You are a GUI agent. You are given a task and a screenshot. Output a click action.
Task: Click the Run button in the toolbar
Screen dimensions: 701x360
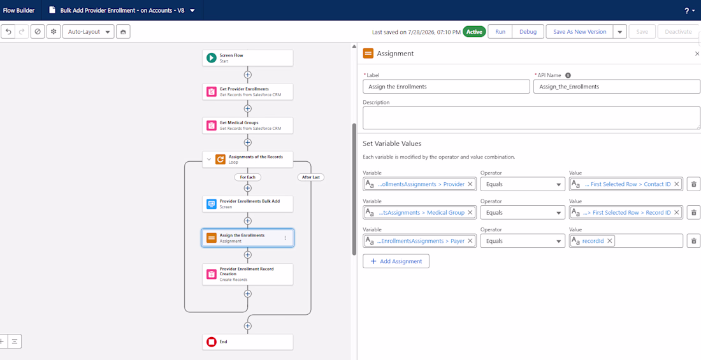pos(500,32)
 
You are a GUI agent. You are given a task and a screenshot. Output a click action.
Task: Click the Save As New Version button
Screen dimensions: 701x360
pos(579,32)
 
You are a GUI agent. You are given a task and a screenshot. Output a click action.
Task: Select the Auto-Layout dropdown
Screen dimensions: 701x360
pos(89,32)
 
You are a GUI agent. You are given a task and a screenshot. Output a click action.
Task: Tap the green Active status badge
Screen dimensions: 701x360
pos(474,32)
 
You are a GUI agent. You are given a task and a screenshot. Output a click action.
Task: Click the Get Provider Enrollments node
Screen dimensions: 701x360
pos(247,92)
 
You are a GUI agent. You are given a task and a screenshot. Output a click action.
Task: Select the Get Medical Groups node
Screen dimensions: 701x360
pos(247,126)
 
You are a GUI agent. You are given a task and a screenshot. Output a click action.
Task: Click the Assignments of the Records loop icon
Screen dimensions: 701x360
pos(220,159)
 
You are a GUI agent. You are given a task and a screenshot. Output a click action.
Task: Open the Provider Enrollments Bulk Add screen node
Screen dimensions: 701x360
pos(247,204)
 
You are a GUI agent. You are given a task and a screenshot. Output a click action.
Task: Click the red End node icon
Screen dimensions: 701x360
pos(212,342)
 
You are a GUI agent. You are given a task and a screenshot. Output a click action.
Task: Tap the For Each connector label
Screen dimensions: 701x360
pos(247,177)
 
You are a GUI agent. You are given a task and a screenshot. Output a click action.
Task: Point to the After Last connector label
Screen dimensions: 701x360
pos(311,177)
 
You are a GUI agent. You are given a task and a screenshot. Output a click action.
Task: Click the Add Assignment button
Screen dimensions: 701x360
pos(396,261)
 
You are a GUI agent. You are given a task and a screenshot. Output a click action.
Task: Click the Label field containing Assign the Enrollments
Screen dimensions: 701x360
pos(446,86)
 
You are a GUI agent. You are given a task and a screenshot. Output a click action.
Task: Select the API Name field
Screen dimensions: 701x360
pos(617,86)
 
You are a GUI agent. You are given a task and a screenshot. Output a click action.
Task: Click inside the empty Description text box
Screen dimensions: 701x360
pos(531,118)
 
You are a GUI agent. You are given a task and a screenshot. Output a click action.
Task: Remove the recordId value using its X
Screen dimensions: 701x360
pos(609,241)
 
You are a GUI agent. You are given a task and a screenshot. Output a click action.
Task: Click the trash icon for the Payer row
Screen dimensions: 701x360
pos(693,241)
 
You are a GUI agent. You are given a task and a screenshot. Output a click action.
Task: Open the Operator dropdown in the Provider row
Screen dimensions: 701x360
pos(523,184)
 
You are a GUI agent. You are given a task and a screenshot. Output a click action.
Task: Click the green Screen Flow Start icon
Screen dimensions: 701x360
pos(212,58)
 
